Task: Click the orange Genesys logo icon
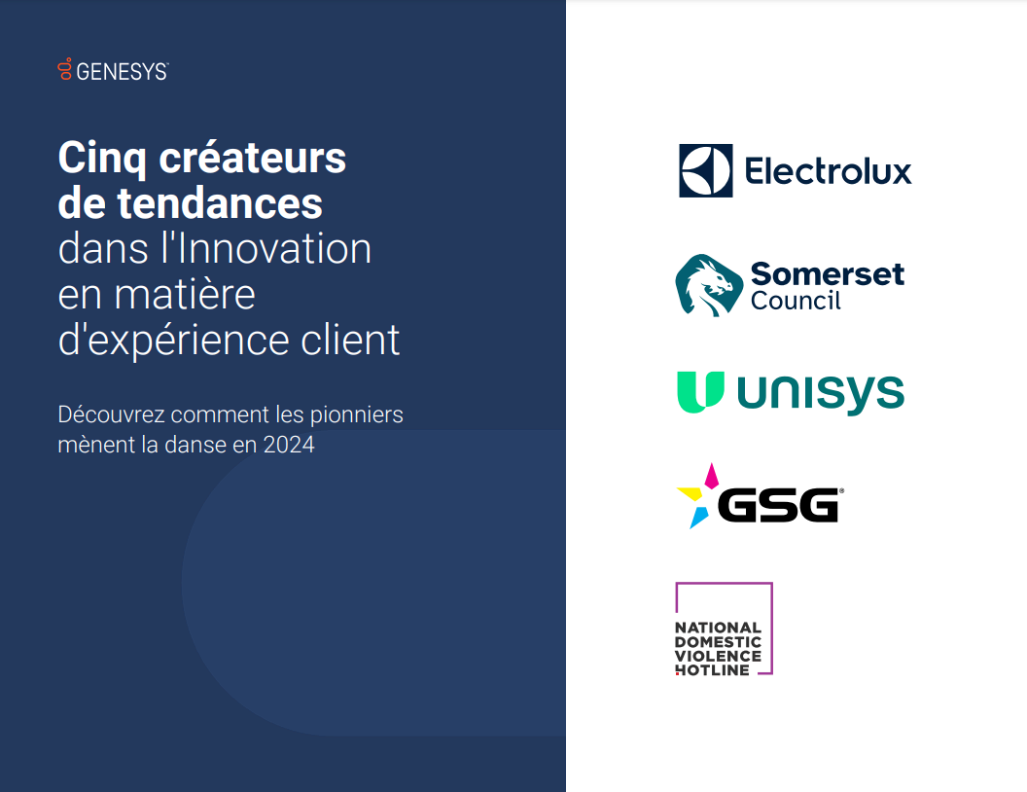[64, 69]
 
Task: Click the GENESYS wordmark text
[122, 71]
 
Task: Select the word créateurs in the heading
[252, 158]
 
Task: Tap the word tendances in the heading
[220, 203]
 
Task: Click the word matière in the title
[185, 294]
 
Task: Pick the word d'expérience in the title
[173, 342]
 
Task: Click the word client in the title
[350, 340]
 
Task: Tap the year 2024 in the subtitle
[289, 445]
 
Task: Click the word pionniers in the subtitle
[356, 415]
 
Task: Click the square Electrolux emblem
[705, 170]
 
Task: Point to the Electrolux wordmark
[828, 171]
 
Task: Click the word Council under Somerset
[796, 301]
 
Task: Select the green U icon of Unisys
[700, 392]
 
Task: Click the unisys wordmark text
[821, 393]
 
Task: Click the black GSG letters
[778, 505]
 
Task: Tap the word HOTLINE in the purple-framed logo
[713, 670]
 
